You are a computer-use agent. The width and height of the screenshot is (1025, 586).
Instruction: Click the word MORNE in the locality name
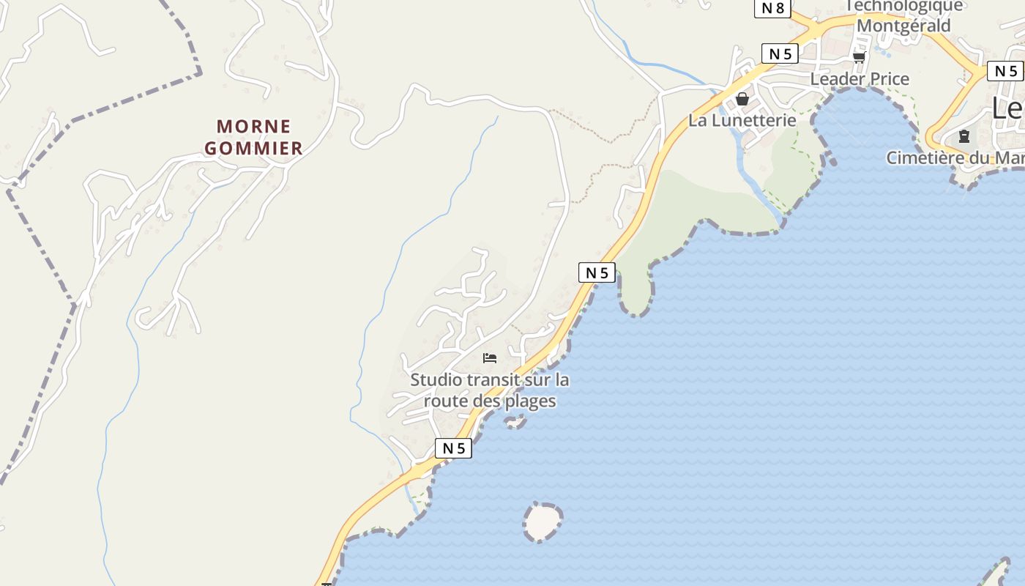coord(254,126)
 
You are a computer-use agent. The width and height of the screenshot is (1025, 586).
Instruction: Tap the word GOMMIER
coord(253,148)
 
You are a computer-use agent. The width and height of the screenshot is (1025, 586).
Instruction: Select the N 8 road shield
coord(772,8)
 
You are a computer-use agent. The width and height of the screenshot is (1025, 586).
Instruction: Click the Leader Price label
coord(860,79)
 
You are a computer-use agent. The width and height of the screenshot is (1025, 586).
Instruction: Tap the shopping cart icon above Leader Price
coord(859,57)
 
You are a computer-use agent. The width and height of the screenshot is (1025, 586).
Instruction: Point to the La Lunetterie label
coord(742,120)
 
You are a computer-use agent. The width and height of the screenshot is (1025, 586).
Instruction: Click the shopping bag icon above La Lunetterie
coord(742,99)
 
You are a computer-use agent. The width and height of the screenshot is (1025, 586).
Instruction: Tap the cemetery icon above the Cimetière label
coord(964,136)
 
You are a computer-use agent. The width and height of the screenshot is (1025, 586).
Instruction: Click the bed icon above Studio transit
coord(490,358)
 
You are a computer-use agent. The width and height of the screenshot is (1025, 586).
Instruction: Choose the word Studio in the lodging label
coord(436,380)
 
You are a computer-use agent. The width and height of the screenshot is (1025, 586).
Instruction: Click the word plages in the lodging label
coord(532,401)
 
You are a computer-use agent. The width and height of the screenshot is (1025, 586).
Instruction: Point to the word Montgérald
coord(903,26)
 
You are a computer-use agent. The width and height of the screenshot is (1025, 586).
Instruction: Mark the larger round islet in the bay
coord(543,522)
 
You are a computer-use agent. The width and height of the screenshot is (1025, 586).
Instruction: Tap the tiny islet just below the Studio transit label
coord(515,421)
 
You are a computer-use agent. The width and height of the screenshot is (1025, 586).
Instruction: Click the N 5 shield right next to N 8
coord(780,53)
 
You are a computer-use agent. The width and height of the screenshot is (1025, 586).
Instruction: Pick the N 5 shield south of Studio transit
coord(453,448)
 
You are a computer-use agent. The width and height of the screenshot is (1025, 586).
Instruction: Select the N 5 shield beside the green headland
coord(597,272)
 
